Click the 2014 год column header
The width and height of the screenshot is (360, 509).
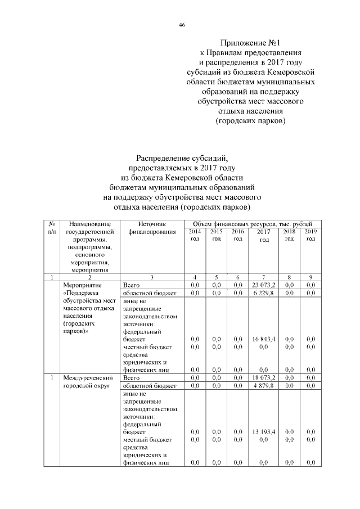click(195, 235)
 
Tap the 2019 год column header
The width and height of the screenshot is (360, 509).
click(309, 235)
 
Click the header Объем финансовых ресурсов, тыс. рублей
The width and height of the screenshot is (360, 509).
click(252, 224)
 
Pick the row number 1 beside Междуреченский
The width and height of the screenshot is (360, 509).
click(52, 378)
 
